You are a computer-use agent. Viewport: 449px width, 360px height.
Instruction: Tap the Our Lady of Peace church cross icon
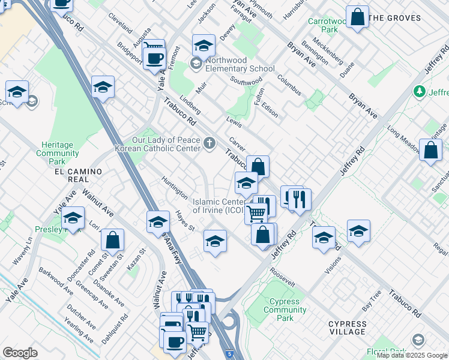pyautogui.click(x=209, y=143)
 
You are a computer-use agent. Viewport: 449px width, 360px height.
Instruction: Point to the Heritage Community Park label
pyautogui.click(x=58, y=153)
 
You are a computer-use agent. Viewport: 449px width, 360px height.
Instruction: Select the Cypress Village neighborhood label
pyautogui.click(x=347, y=328)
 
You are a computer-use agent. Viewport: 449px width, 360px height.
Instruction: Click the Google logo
pyautogui.click(x=20, y=353)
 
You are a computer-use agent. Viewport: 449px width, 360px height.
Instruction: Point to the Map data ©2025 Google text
pyautogui.click(x=412, y=355)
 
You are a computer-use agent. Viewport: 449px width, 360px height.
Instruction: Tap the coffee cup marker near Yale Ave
pyautogui.click(x=155, y=58)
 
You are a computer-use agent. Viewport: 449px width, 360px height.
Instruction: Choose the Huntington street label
pyautogui.click(x=174, y=187)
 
